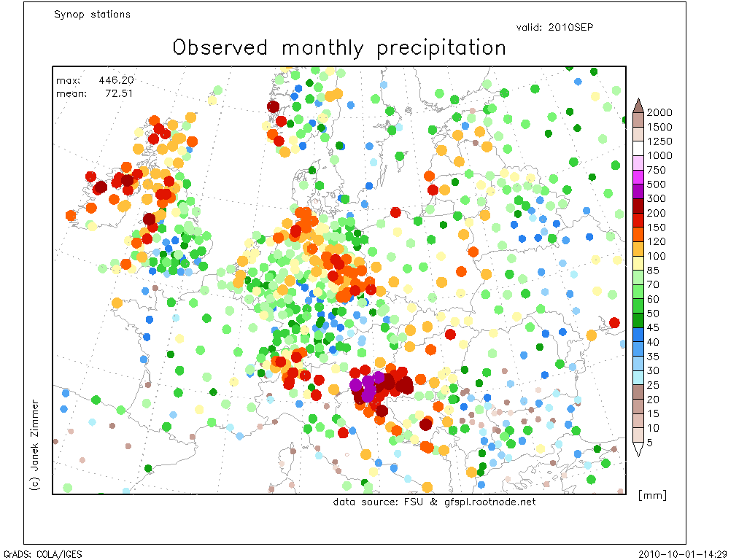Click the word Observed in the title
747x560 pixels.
pos(220,47)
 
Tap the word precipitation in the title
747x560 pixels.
pos(441,49)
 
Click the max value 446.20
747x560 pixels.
pos(116,80)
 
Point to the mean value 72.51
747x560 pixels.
pos(119,93)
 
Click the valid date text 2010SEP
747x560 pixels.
pos(570,27)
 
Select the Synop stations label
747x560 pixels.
pos(92,15)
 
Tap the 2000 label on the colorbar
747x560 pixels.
pos(659,112)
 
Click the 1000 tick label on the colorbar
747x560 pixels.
pos(659,155)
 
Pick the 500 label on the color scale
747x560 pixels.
pos(656,184)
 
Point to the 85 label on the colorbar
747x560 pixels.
pos(653,270)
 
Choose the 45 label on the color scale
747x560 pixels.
pos(653,327)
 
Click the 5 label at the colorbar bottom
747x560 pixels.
pos(650,443)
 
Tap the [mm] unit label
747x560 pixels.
pos(652,495)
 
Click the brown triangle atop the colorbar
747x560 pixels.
pos(638,106)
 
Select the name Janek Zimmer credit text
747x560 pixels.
pos(34,436)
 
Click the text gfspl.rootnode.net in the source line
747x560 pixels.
pos(489,502)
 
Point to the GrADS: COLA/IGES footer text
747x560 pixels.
pos(43,554)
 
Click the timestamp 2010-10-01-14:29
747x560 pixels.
pos(683,554)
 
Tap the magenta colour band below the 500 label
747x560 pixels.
pos(638,192)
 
